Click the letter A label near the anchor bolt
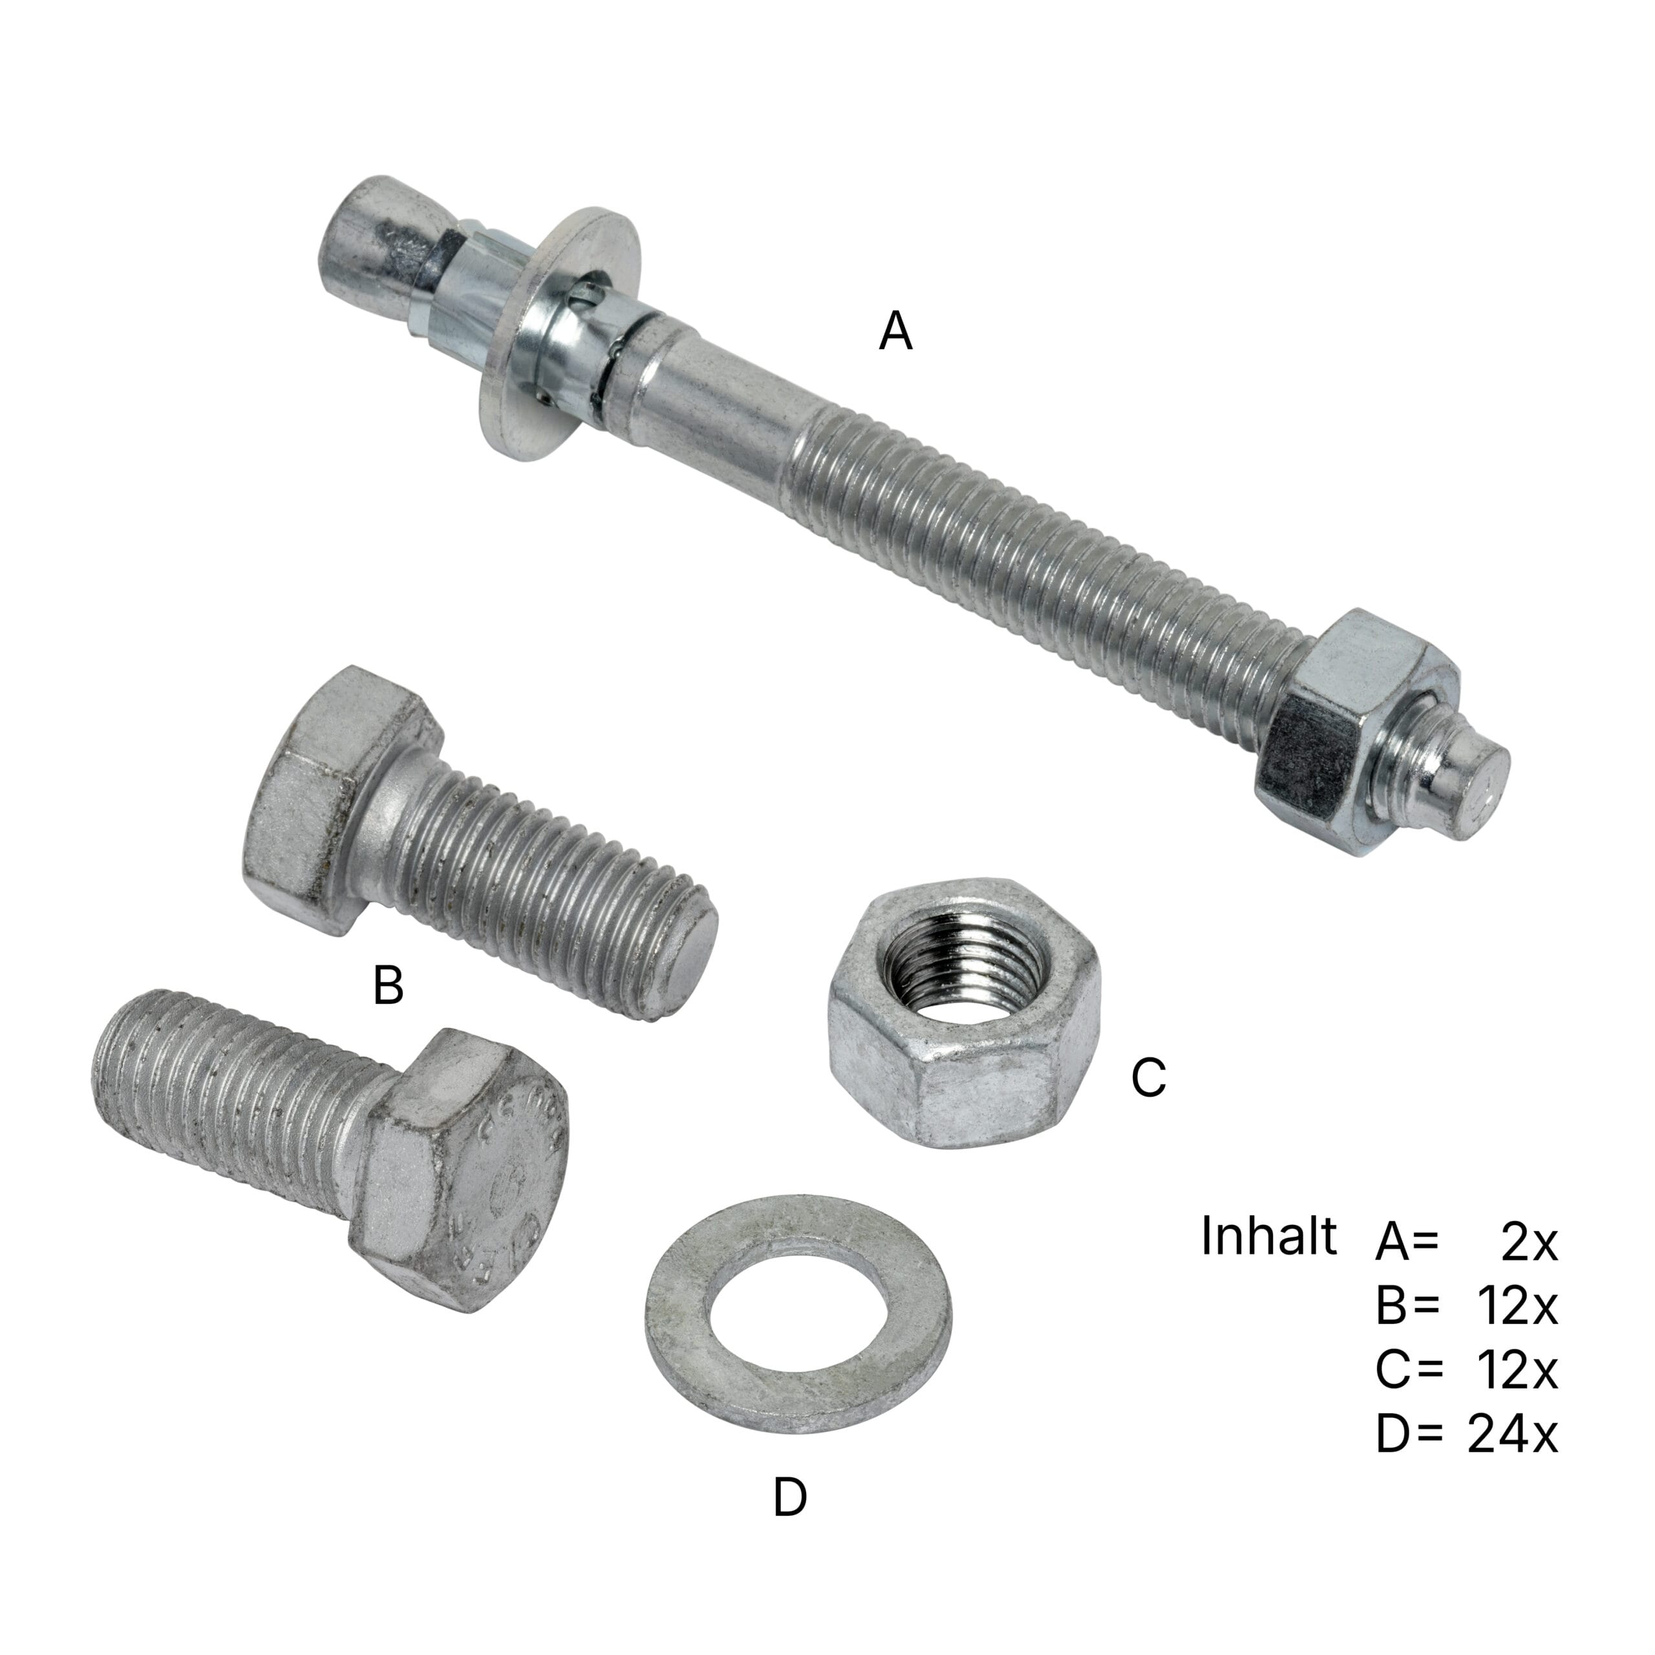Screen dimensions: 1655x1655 (x=895, y=332)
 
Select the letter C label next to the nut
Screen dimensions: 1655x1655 (x=1148, y=1077)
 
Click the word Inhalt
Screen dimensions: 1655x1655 (x=1268, y=1236)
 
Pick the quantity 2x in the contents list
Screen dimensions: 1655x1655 (x=1529, y=1242)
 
